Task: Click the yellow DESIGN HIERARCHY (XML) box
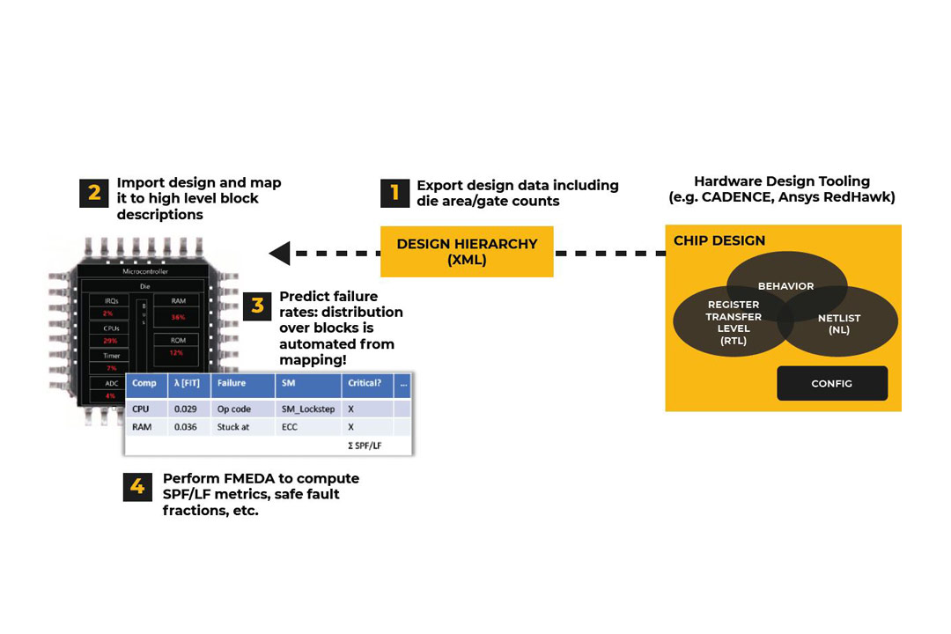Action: [x=467, y=252]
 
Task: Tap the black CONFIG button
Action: [x=832, y=384]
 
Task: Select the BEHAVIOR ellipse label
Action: [x=785, y=286]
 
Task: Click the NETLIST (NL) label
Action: [x=838, y=324]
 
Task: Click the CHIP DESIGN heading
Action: [x=719, y=240]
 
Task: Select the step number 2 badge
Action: [x=94, y=192]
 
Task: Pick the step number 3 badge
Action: [x=257, y=306]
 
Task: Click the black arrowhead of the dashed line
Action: [x=279, y=254]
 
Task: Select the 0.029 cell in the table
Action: [x=187, y=409]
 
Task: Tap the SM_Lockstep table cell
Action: [x=307, y=409]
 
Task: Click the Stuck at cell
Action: [x=233, y=427]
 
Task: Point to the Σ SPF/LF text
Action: [x=365, y=446]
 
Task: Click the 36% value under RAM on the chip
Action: [x=179, y=317]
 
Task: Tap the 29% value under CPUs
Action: [x=110, y=340]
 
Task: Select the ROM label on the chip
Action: [x=177, y=340]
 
